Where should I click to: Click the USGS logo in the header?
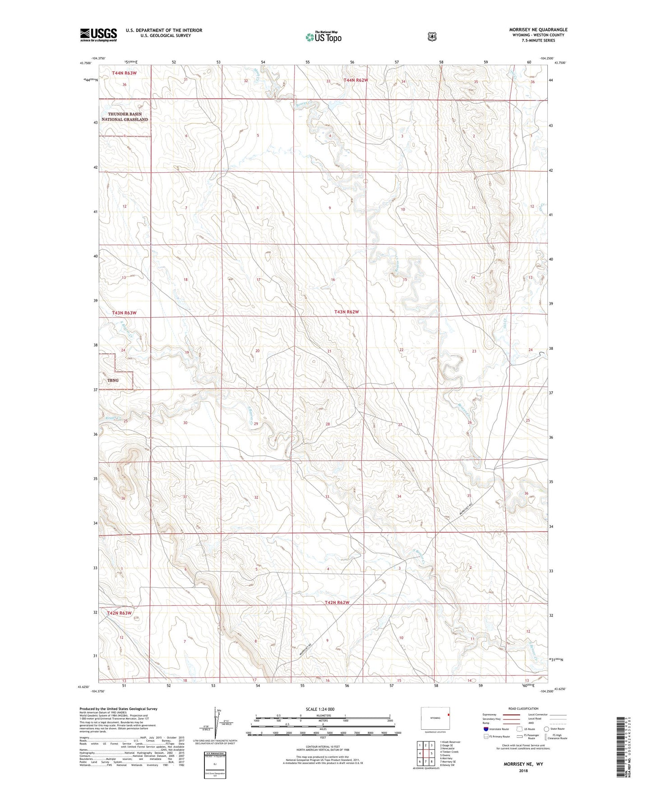tap(98, 35)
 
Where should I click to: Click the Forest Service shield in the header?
tap(432, 37)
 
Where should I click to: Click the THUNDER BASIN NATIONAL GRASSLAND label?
tap(125, 117)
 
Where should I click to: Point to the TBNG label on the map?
tap(113, 380)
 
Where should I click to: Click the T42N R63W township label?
tap(120, 613)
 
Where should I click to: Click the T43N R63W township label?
tap(124, 313)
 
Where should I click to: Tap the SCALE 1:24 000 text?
tap(320, 709)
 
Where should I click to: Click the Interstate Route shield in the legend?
tap(486, 728)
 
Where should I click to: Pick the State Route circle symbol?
tap(546, 728)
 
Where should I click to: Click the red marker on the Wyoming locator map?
tap(449, 715)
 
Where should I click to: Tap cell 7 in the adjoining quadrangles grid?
tap(426, 762)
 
